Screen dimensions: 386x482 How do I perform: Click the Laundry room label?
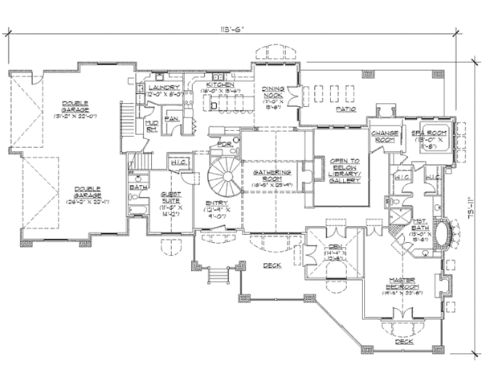tap(163, 87)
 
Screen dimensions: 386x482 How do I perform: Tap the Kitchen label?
tap(220, 84)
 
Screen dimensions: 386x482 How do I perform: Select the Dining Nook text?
tap(275, 92)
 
